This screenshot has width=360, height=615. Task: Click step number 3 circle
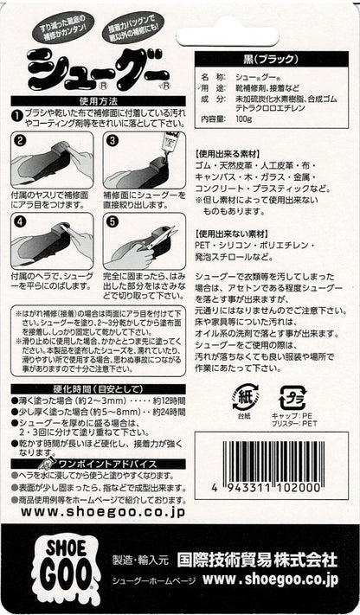(x=111, y=140)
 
